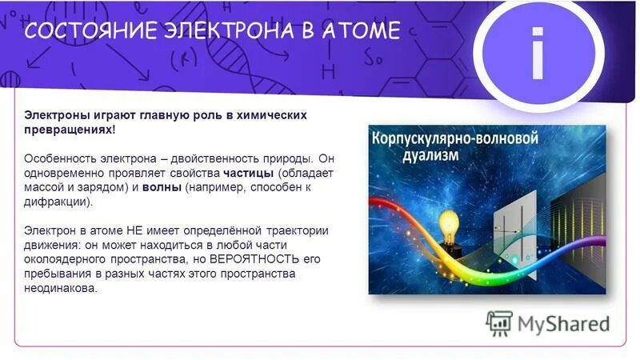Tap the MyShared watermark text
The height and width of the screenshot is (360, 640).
pos(563,324)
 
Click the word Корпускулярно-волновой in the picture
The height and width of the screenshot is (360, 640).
pos(454,138)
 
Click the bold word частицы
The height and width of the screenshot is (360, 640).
pos(249,174)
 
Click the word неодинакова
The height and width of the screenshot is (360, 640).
pos(60,289)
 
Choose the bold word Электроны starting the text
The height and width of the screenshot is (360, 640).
pos(53,115)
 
